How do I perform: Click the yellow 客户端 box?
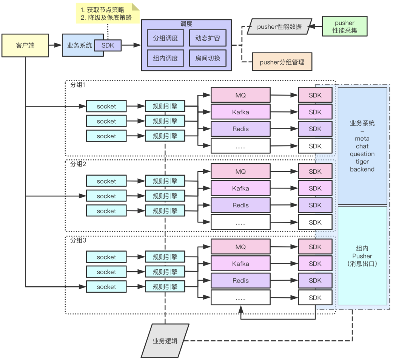click(25, 46)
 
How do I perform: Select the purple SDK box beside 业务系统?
click(108, 45)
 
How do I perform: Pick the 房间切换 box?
click(208, 58)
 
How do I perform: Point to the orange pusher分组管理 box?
click(282, 62)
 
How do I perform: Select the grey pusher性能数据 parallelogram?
click(280, 27)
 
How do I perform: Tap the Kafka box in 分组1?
click(240, 112)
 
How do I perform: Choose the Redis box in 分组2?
click(240, 205)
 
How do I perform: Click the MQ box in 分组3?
click(240, 247)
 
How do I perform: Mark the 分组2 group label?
click(78, 164)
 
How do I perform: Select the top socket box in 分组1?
click(106, 106)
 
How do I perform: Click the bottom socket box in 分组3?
click(106, 287)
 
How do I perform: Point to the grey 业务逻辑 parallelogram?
click(165, 341)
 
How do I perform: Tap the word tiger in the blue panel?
click(362, 162)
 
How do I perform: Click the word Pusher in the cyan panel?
click(362, 256)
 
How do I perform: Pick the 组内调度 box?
click(165, 58)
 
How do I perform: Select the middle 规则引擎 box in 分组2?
click(165, 196)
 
